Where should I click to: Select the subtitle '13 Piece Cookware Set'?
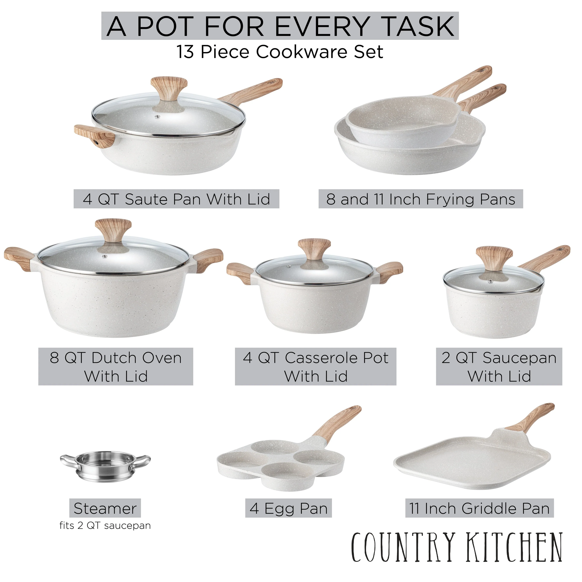(x=280, y=52)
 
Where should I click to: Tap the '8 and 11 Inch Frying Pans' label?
(x=421, y=199)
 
